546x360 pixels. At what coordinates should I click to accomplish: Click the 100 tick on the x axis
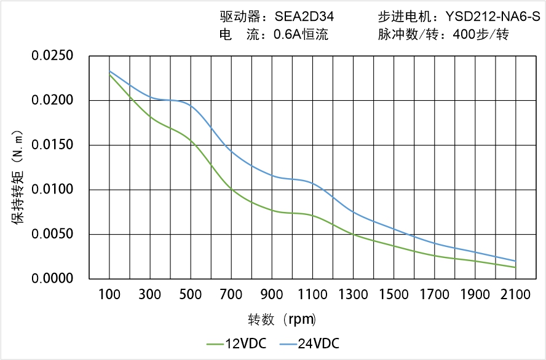coord(109,295)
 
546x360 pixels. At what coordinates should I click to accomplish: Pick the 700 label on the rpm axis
coord(231,295)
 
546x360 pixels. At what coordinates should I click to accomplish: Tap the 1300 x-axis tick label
coord(353,295)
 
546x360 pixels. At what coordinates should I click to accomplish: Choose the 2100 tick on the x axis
coord(515,295)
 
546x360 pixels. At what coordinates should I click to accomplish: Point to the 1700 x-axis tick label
coord(434,295)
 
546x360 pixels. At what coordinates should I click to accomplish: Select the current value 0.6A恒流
coord(301,34)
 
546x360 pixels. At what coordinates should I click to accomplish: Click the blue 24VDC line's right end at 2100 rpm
coord(515,261)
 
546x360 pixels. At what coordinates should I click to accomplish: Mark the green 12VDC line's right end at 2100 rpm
coord(515,267)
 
